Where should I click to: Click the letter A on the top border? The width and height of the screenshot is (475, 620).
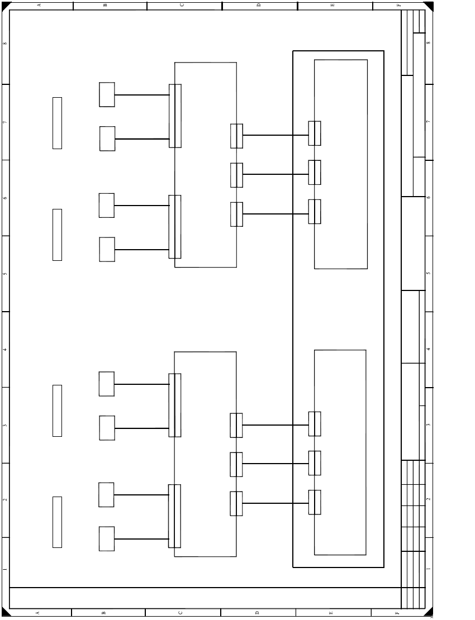(x=39, y=5)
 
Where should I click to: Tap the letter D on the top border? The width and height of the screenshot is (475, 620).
(x=259, y=5)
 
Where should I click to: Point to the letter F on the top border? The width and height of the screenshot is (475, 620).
(x=398, y=5)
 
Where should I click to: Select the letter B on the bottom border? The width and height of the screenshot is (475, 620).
(x=104, y=613)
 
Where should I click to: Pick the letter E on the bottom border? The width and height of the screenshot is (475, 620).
(x=331, y=613)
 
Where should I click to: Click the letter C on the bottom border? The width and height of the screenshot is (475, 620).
(x=180, y=613)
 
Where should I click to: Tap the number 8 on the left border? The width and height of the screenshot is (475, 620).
(x=5, y=44)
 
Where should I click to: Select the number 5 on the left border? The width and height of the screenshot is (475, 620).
(x=5, y=274)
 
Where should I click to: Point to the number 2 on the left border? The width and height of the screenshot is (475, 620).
(x=5, y=499)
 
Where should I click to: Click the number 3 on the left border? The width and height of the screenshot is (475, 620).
(x=5, y=425)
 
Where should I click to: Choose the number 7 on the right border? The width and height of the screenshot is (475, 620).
(x=428, y=122)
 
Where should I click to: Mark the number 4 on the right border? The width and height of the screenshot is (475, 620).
(x=428, y=349)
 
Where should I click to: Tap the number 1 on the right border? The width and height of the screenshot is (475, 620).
(x=428, y=569)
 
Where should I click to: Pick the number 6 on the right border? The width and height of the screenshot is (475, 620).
(x=428, y=198)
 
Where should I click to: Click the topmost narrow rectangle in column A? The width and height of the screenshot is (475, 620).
(x=57, y=123)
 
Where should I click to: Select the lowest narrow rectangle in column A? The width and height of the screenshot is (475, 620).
(x=57, y=522)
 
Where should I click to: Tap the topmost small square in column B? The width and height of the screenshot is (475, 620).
(x=107, y=95)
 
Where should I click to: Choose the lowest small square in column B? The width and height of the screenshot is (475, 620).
(x=107, y=539)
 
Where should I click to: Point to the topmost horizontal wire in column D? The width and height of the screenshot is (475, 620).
(x=275, y=135)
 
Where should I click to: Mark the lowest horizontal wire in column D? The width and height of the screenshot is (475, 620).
(x=275, y=503)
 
